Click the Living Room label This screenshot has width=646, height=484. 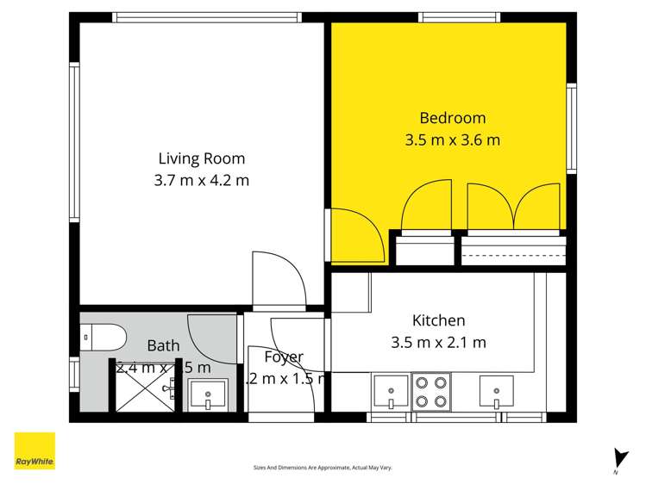[201, 158]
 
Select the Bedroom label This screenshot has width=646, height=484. [452, 118]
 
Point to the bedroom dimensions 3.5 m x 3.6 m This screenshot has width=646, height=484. [452, 140]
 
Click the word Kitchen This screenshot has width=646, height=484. [438, 320]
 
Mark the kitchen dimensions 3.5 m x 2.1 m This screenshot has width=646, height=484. [438, 342]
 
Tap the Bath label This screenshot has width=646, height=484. [163, 345]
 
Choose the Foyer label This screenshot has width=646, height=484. [283, 357]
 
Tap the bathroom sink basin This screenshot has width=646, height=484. [208, 395]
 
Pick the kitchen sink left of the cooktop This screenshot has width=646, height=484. [391, 392]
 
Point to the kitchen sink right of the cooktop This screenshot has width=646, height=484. [497, 392]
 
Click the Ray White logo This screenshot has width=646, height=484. [35, 451]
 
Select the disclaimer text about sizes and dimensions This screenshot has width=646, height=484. [323, 468]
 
